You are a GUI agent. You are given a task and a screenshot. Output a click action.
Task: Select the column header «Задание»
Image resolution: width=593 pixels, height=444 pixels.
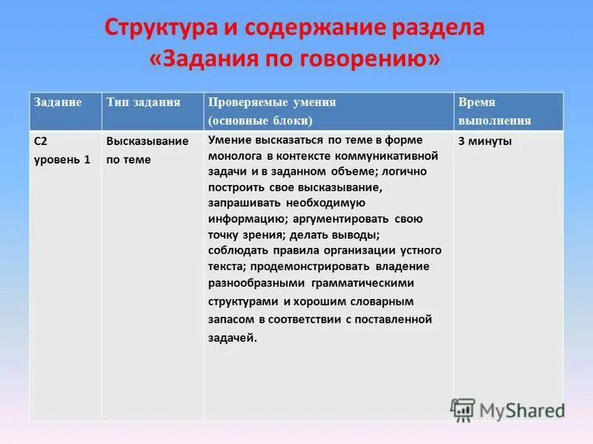point(57,102)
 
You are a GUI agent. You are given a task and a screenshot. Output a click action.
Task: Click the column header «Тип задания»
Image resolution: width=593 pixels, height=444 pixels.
point(143,102)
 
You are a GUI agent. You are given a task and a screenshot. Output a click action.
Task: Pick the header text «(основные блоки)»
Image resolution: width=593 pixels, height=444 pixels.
point(259,120)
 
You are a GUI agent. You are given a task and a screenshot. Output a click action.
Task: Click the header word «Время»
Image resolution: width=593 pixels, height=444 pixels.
point(477,103)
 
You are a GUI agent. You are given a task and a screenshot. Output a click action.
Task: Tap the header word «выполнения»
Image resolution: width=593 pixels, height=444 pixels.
point(494,120)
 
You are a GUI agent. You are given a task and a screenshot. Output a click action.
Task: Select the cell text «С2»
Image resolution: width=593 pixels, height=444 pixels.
point(42,141)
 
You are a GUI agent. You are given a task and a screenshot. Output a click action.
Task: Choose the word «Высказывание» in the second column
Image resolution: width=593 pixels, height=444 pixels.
point(147,141)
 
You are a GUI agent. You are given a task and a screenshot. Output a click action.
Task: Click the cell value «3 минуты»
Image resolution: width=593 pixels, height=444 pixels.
point(485,141)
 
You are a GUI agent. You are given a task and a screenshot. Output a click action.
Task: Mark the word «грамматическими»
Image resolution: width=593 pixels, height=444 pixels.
point(364,283)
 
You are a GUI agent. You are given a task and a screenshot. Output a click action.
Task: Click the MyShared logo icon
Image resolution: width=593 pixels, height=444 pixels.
point(463,409)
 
